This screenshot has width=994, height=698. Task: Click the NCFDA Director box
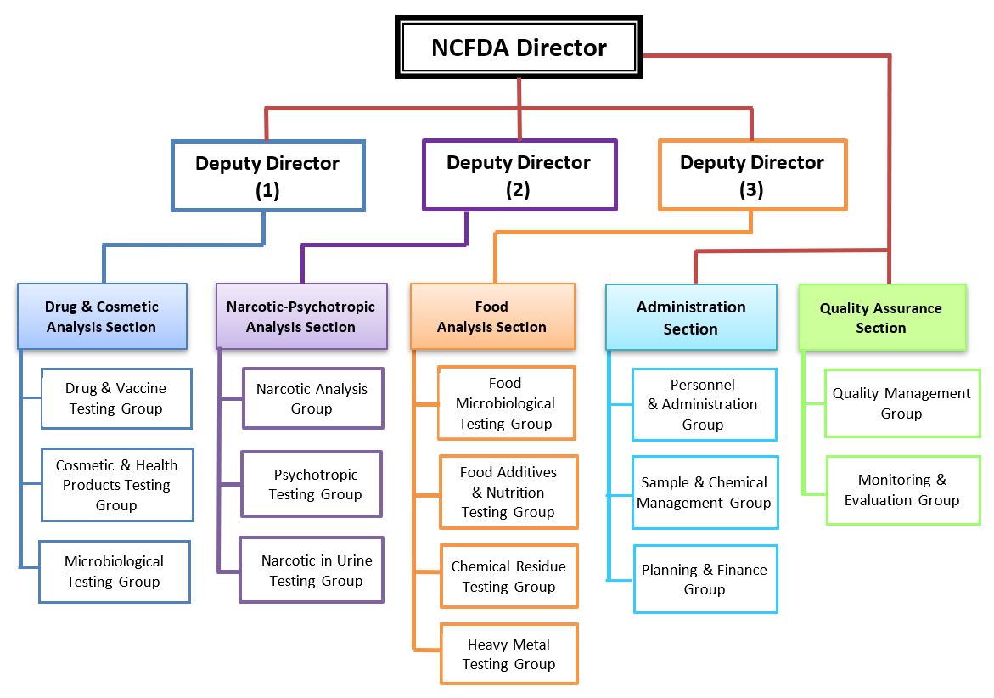pyautogui.click(x=519, y=48)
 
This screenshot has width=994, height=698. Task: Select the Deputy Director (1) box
pyautogui.click(x=268, y=176)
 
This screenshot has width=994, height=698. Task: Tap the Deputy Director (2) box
pyautogui.click(x=519, y=175)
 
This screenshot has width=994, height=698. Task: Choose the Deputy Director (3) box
pyautogui.click(x=752, y=175)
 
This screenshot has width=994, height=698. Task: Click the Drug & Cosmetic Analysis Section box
pyautogui.click(x=102, y=317)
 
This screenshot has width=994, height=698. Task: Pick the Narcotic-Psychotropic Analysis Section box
pyautogui.click(x=301, y=317)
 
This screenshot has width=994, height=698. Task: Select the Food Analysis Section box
pyautogui.click(x=492, y=317)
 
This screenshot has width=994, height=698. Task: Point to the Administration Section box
pyautogui.click(x=691, y=317)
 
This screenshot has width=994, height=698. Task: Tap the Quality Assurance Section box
pyautogui.click(x=883, y=317)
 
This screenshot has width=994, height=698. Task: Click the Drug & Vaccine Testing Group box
pyautogui.click(x=116, y=398)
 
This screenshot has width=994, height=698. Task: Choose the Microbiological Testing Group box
pyautogui.click(x=115, y=571)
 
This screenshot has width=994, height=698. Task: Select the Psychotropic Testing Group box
pyautogui.click(x=312, y=484)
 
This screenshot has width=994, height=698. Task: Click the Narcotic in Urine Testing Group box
pyautogui.click(x=312, y=569)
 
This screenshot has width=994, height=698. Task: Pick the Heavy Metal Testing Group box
pyautogui.click(x=509, y=654)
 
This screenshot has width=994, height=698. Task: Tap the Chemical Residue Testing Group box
pyautogui.click(x=509, y=576)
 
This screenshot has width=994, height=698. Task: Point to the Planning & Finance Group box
pyautogui.click(x=705, y=579)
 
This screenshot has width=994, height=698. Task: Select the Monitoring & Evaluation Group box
pyautogui.click(x=903, y=490)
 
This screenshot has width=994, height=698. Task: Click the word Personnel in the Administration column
pyautogui.click(x=702, y=385)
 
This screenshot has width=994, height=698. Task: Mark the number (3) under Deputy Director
pyautogui.click(x=751, y=189)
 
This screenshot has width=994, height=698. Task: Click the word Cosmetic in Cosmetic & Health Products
pyautogui.click(x=85, y=465)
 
